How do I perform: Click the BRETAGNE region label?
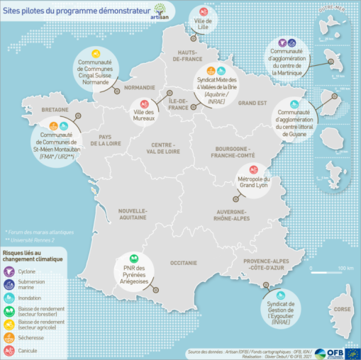tap(55, 111)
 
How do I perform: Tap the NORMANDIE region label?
tap(139, 88)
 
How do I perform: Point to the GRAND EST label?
tap(252, 103)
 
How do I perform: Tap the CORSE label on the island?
tap(343, 309)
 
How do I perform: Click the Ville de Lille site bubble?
tap(203, 23)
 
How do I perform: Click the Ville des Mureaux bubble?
tap(148, 111)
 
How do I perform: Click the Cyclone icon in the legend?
tap(10, 271)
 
